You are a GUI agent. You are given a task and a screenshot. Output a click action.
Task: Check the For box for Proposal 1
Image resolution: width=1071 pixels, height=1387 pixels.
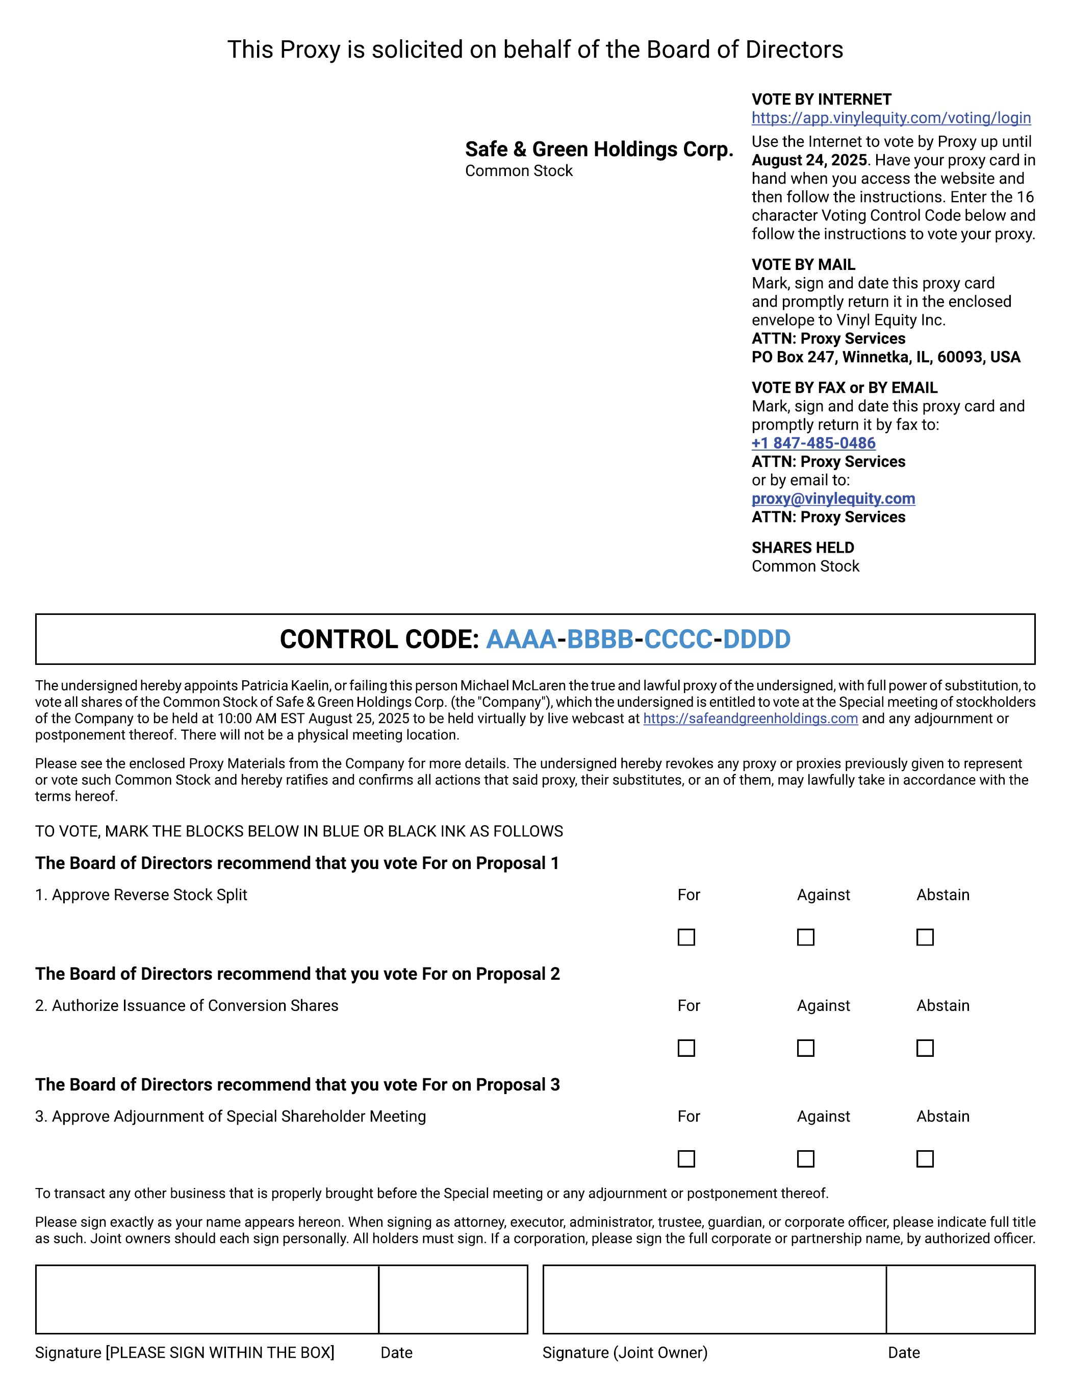click(686, 937)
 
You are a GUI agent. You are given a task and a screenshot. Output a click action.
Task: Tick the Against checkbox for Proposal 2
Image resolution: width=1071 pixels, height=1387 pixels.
click(806, 1048)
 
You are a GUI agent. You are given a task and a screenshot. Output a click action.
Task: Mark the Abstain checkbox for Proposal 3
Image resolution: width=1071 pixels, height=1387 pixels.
click(925, 1159)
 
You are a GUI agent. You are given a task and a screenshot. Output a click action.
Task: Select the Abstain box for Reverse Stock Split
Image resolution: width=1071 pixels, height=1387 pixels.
click(925, 937)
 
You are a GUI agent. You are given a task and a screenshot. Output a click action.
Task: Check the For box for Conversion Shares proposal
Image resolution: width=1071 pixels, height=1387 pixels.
click(686, 1048)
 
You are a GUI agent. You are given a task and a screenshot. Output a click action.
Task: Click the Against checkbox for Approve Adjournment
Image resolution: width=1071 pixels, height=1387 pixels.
click(806, 1159)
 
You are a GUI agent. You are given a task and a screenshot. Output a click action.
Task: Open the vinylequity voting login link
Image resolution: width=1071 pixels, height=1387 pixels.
click(890, 118)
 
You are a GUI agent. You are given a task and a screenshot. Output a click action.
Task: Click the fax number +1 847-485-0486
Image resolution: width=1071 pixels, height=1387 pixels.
click(813, 443)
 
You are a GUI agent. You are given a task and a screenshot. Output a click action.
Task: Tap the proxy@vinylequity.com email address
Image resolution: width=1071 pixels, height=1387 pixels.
click(833, 499)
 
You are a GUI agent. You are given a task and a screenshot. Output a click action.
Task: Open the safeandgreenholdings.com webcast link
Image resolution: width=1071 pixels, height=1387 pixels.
click(750, 719)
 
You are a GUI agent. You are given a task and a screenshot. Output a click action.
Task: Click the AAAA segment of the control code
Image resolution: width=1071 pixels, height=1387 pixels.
click(521, 639)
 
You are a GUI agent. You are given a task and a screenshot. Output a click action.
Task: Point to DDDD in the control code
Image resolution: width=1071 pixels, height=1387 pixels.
click(757, 639)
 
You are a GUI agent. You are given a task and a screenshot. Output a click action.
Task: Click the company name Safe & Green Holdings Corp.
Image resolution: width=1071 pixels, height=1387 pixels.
click(599, 149)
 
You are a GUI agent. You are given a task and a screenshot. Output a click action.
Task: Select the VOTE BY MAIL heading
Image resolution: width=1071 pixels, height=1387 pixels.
click(803, 265)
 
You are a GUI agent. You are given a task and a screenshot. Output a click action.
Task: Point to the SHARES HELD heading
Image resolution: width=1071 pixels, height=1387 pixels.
click(802, 548)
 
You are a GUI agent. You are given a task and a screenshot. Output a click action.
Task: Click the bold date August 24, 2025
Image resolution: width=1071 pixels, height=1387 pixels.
click(809, 160)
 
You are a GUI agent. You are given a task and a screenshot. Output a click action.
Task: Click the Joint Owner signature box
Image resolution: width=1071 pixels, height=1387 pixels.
click(714, 1299)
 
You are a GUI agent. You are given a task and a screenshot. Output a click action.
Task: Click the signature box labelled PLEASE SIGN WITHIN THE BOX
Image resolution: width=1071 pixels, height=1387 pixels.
click(207, 1299)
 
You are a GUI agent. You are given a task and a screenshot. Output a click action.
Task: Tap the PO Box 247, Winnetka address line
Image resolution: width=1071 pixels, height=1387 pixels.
click(886, 357)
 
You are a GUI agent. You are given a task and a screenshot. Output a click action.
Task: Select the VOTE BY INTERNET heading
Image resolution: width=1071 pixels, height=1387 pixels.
click(821, 100)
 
